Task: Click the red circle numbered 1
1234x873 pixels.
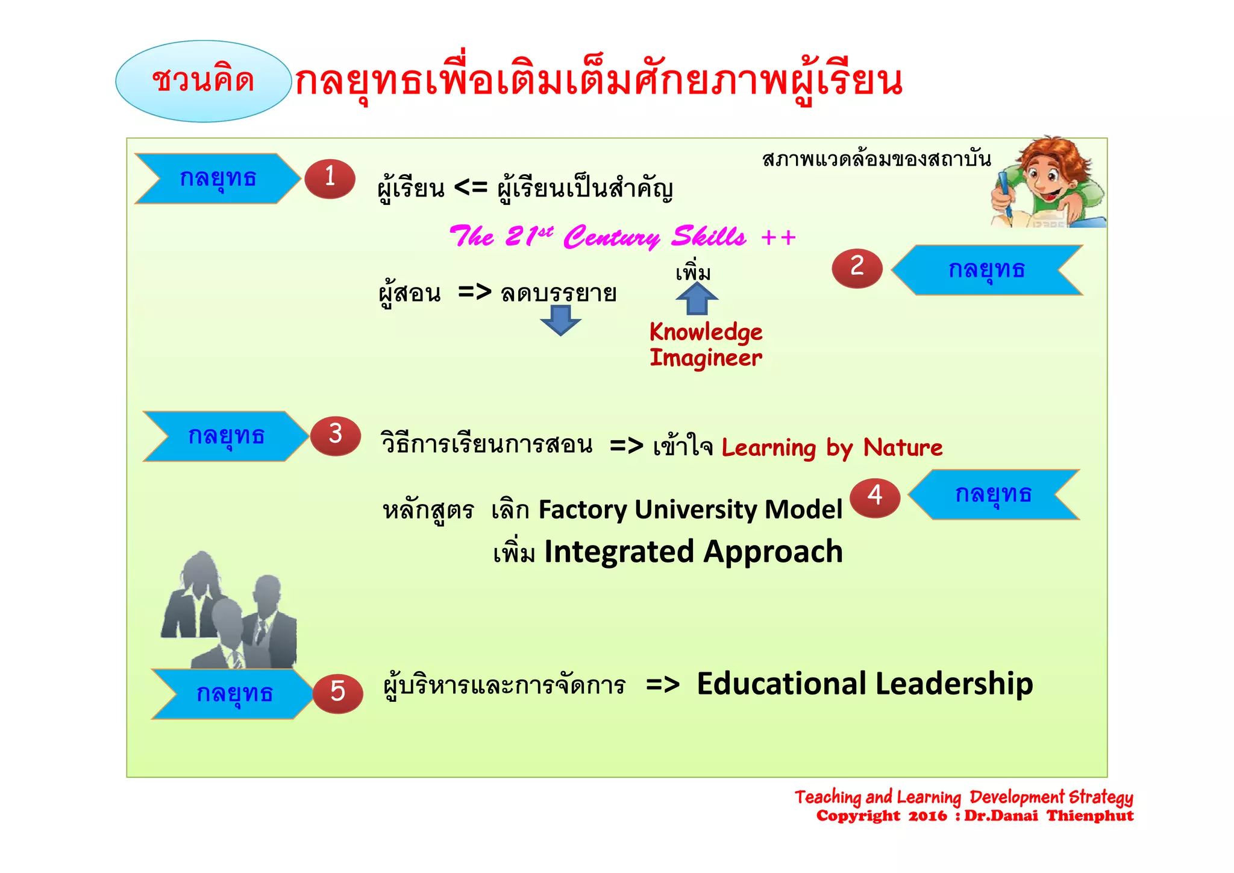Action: click(330, 178)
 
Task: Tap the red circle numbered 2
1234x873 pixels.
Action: click(857, 268)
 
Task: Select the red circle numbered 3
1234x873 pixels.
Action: click(336, 435)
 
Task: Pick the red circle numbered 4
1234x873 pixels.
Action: click(875, 497)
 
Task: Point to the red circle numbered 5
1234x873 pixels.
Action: click(337, 693)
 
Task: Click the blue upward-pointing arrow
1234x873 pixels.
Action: click(697, 298)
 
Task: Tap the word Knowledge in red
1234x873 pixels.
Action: click(706, 332)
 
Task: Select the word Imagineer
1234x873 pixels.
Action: click(706, 358)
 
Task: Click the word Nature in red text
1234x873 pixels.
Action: click(903, 448)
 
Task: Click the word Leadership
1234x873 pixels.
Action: click(954, 684)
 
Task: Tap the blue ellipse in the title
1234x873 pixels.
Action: click(203, 81)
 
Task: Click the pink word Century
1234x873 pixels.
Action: click(611, 237)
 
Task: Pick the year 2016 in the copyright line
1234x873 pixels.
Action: click(927, 816)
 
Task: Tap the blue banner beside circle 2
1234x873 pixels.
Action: click(986, 269)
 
